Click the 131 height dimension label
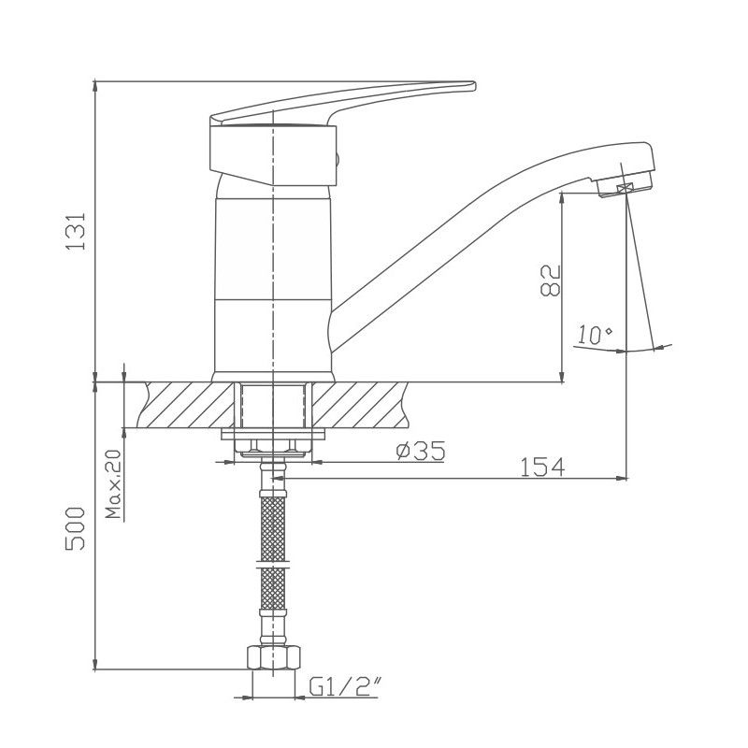77,229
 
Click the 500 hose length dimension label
77,528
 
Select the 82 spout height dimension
549,280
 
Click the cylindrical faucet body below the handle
271,280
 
